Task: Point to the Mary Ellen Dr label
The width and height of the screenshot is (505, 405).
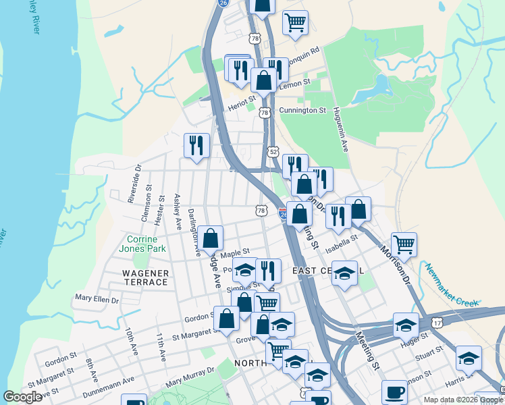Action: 97,298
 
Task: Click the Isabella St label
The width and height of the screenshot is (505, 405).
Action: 344,240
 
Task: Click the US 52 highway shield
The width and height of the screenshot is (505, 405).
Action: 273,151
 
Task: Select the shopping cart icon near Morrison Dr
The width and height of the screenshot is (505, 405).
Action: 404,244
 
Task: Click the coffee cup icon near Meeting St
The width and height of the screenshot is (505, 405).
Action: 394,392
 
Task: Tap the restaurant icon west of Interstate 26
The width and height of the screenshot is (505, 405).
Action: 196,146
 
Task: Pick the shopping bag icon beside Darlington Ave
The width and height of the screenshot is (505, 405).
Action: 211,238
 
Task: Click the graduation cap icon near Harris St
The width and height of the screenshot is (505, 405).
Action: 468,358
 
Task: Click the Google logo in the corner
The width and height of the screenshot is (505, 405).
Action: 23,397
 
